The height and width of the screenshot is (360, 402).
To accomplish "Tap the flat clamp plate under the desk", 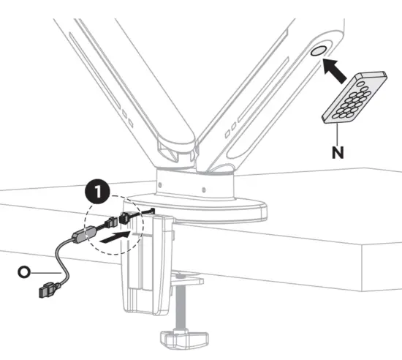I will (186, 278).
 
